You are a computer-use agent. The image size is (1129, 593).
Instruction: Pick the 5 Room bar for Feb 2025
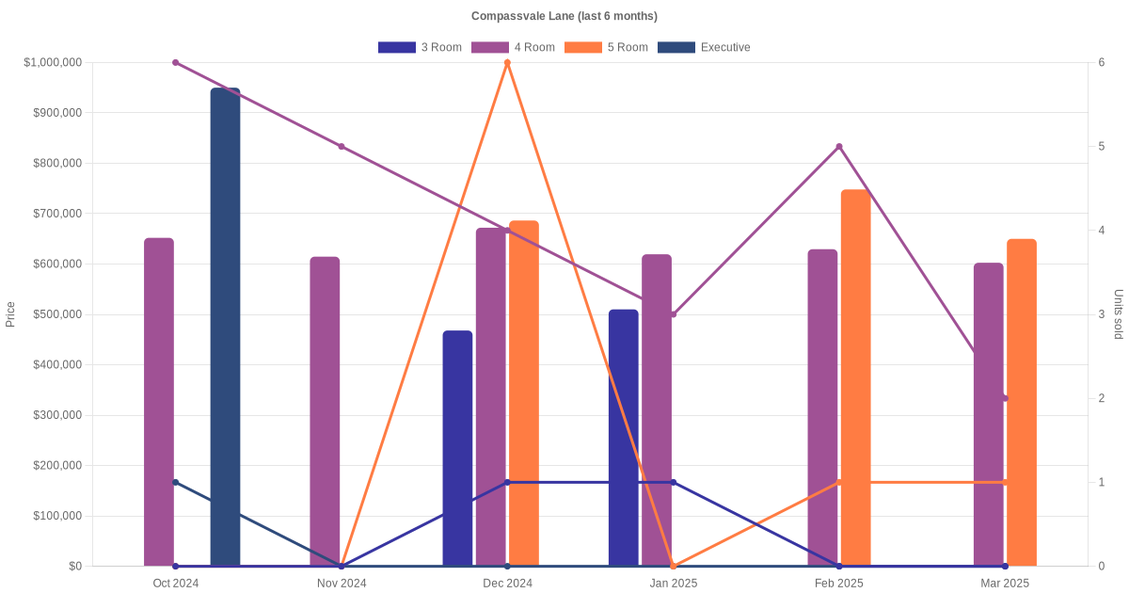tap(855, 377)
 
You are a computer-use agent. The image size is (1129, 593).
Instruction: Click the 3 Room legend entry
tap(420, 47)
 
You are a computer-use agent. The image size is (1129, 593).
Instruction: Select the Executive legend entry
tap(704, 47)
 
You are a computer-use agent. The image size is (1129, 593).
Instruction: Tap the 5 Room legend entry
tap(606, 47)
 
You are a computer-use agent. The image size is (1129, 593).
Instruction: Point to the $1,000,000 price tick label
tap(53, 62)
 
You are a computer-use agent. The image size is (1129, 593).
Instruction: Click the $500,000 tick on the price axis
tap(56, 314)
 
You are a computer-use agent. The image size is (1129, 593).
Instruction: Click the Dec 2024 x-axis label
tap(507, 584)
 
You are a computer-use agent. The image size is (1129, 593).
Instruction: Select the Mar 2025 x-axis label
tap(1005, 584)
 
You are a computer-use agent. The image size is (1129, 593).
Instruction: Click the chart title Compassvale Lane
tap(564, 16)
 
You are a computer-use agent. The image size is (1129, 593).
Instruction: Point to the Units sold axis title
tap(1118, 314)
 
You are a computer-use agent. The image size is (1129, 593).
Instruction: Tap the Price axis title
tap(10, 314)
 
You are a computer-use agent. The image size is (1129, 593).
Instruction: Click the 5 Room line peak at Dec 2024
tap(507, 62)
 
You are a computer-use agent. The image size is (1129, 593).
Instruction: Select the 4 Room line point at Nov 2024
tap(342, 146)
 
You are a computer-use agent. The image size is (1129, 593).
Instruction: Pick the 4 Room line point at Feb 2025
tap(839, 146)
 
